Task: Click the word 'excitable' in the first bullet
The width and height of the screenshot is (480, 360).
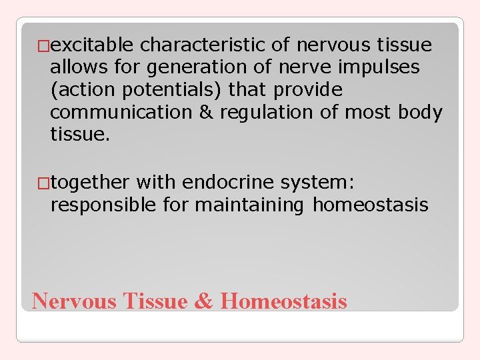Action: [93, 45]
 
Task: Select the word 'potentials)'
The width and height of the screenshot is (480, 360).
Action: [173, 90]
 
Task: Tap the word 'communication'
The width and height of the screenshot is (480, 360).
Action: [121, 112]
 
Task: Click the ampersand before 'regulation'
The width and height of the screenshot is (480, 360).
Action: [205, 112]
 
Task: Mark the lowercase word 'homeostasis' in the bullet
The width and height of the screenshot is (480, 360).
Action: [371, 205]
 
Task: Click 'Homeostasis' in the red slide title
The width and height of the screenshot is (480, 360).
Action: [283, 301]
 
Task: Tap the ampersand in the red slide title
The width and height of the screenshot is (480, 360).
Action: [203, 301]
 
